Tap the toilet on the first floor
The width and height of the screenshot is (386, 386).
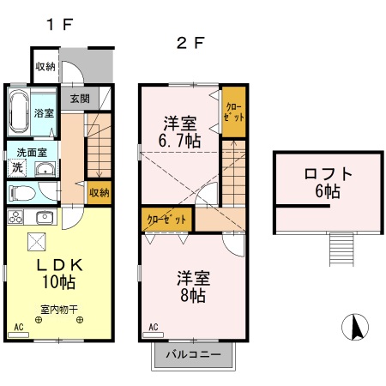pyautogui.click(x=21, y=193)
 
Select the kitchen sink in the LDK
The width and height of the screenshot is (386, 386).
pyautogui.click(x=45, y=217)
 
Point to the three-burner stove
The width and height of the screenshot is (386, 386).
pyautogui.click(x=15, y=217)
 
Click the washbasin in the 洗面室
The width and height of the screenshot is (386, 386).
pyautogui.click(x=45, y=169)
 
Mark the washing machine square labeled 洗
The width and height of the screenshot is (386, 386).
pyautogui.click(x=17, y=167)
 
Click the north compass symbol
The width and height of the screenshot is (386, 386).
pyautogui.click(x=355, y=327)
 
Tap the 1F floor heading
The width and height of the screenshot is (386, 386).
pyautogui.click(x=60, y=24)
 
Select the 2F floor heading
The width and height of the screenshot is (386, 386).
pyautogui.click(x=190, y=43)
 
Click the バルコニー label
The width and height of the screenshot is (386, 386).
pyautogui.click(x=194, y=354)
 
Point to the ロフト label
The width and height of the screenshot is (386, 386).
pyautogui.click(x=328, y=174)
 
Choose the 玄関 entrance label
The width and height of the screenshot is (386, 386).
pyautogui.click(x=80, y=99)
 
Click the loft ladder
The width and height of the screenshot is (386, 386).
pyautogui.click(x=341, y=250)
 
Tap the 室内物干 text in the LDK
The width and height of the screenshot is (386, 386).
pyautogui.click(x=59, y=310)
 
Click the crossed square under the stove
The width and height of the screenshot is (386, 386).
pyautogui.click(x=37, y=242)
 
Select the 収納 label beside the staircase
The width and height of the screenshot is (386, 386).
pyautogui.click(x=100, y=193)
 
